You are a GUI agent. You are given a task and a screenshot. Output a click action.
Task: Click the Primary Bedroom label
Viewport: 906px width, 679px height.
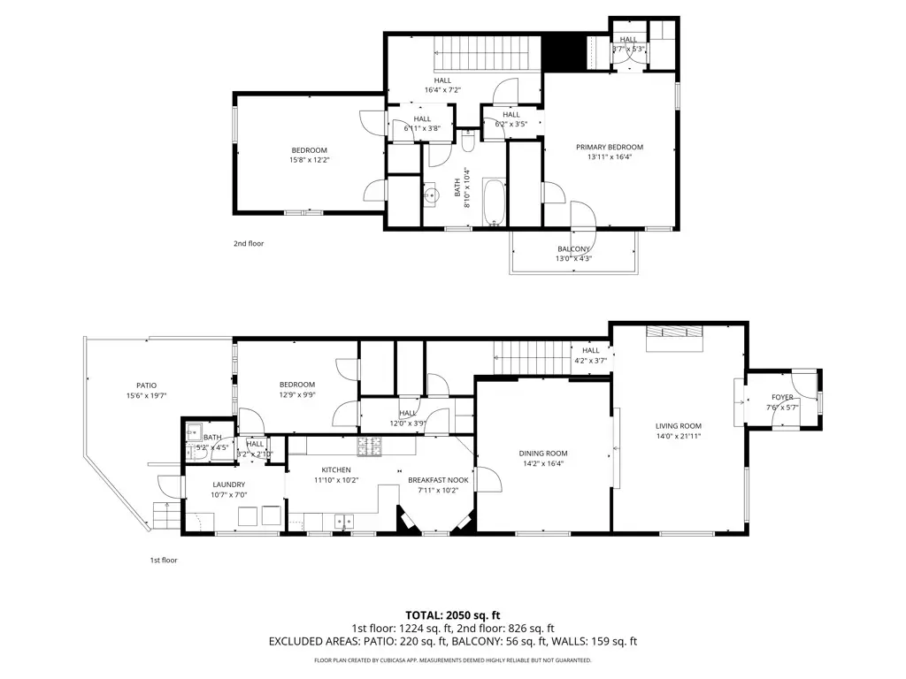point(610,147)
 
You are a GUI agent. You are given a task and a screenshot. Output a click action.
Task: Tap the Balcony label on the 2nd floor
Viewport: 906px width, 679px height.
point(573,249)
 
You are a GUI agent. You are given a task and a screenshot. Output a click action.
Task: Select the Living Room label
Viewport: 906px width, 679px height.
point(678,426)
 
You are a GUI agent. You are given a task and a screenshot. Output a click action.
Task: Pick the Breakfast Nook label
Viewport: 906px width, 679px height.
point(431,480)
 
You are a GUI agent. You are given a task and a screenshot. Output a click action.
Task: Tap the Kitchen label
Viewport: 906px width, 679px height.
point(336,469)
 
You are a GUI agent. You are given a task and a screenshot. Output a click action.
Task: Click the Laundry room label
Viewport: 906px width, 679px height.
point(228,484)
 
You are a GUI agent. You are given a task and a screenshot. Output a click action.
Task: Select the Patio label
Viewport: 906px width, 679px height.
point(146,385)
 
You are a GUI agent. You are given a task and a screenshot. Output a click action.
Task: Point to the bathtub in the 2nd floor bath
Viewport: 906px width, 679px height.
point(493,202)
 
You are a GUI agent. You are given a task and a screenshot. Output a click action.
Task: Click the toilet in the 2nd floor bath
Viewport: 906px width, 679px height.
point(469,141)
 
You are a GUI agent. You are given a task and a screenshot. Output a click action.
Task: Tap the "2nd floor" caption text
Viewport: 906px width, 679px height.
point(248,243)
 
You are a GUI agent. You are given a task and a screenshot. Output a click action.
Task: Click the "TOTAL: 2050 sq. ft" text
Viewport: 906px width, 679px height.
point(452,614)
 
